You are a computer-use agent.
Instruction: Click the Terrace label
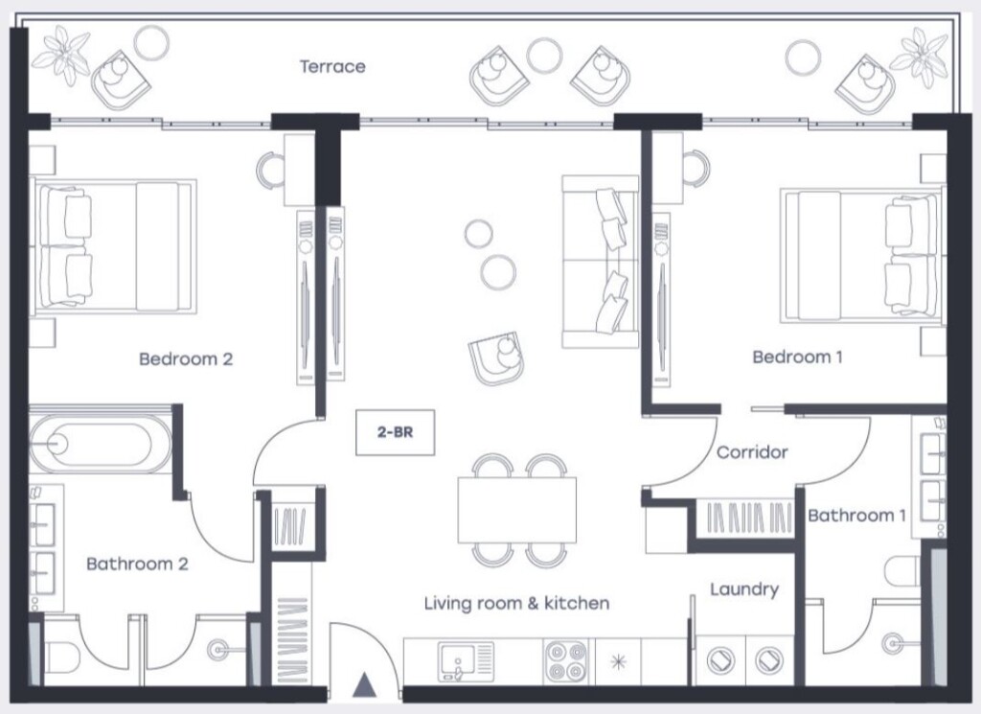pyautogui.click(x=332, y=66)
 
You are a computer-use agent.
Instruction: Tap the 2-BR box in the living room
pyautogui.click(x=395, y=432)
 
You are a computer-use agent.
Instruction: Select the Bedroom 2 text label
pyautogui.click(x=186, y=359)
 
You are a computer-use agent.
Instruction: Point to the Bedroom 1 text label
pyautogui.click(x=797, y=357)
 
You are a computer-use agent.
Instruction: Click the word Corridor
pyautogui.click(x=752, y=451)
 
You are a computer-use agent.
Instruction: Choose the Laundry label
pyautogui.click(x=744, y=589)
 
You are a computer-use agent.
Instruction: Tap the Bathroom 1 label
pyautogui.click(x=856, y=516)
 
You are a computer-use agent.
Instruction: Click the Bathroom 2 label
pyautogui.click(x=137, y=564)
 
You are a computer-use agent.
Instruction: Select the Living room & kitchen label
pyautogui.click(x=516, y=603)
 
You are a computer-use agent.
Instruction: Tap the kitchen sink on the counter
pyautogui.click(x=467, y=661)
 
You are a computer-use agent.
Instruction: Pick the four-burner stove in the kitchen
pyautogui.click(x=566, y=661)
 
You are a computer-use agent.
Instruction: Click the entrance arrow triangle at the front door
pyautogui.click(x=364, y=685)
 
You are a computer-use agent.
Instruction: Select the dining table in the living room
pyautogui.click(x=516, y=510)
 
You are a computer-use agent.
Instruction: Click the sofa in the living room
pyautogui.click(x=600, y=262)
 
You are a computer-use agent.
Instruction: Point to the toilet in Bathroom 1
pyautogui.click(x=902, y=572)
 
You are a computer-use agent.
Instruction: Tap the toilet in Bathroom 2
pyautogui.click(x=61, y=657)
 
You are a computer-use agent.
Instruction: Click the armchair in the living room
pyautogui.click(x=497, y=357)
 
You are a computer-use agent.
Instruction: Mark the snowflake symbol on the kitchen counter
pyautogui.click(x=618, y=662)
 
